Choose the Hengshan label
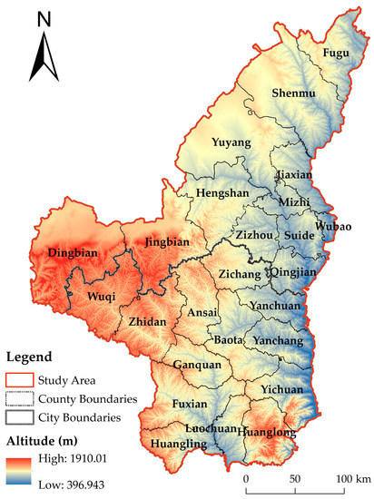[x=218, y=193]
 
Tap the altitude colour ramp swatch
[x=18, y=466]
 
